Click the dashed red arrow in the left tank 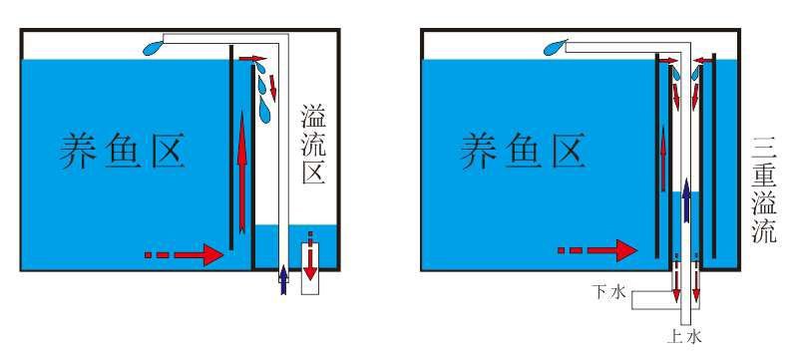pyautogui.click(x=185, y=255)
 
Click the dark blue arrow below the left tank pyautogui.click(x=283, y=279)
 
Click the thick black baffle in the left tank pyautogui.click(x=231, y=150)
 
